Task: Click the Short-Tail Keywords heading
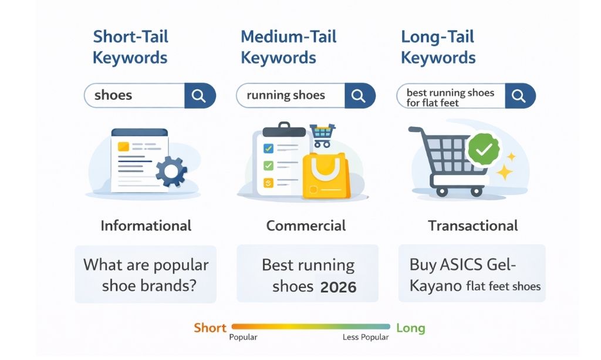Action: (x=130, y=47)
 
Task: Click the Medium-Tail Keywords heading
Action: (x=288, y=47)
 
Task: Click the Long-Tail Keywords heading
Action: (x=438, y=47)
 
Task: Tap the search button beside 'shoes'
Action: (x=200, y=95)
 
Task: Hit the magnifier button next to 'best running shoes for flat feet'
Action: (x=519, y=95)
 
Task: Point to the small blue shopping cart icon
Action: (x=321, y=134)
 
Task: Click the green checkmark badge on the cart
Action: (x=483, y=150)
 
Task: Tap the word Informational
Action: (x=146, y=226)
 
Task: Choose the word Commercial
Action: (x=306, y=226)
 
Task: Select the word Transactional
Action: (x=472, y=226)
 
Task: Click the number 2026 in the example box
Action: (x=339, y=287)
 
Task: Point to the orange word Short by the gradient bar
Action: (x=210, y=328)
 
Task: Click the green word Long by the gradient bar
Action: (x=410, y=328)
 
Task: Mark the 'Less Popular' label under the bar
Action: (x=366, y=338)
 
